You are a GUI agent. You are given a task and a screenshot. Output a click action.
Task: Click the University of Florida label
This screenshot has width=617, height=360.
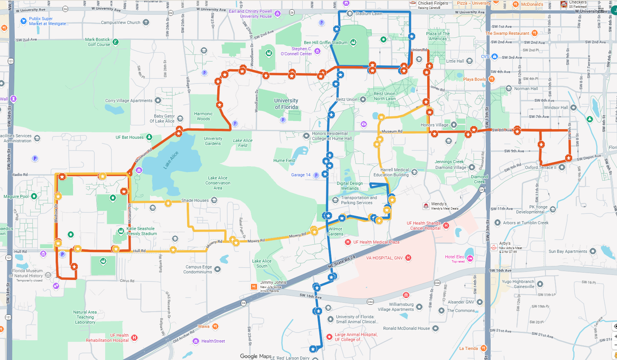(286, 104)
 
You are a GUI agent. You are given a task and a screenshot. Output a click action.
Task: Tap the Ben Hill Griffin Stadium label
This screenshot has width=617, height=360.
(325, 43)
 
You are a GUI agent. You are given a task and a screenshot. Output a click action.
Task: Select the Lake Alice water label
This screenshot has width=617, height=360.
(171, 160)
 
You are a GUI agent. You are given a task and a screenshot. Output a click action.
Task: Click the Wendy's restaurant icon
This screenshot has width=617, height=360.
(426, 206)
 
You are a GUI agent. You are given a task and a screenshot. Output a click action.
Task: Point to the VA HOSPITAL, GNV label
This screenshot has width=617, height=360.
(384, 258)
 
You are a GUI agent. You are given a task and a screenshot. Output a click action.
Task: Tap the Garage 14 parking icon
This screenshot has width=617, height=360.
(316, 175)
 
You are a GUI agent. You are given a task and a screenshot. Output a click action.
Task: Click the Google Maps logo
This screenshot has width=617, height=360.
(256, 356)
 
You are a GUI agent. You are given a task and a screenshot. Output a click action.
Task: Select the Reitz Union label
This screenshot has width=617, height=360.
(346, 99)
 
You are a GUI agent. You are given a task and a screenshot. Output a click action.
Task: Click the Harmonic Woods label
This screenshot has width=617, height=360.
(203, 116)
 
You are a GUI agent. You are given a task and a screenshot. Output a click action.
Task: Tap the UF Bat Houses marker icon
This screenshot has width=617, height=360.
(149, 137)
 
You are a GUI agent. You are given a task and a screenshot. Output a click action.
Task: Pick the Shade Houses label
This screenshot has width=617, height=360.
(195, 200)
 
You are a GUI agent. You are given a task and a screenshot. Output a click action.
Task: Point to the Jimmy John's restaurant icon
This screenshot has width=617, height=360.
(254, 287)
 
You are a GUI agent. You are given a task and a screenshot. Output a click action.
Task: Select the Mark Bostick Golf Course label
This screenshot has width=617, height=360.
(97, 42)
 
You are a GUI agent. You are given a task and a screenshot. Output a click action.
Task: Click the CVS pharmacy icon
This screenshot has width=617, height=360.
(494, 56)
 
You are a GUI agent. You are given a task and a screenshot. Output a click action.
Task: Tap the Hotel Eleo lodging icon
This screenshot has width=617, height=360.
(470, 258)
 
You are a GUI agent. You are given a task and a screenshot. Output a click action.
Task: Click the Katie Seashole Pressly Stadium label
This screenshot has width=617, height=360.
(141, 231)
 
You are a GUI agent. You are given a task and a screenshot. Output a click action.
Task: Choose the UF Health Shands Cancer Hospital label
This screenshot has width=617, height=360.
(424, 226)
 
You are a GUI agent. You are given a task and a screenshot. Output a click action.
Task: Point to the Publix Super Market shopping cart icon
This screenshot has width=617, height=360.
(24, 21)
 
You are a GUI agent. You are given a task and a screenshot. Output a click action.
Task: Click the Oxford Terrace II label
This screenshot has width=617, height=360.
(540, 167)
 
